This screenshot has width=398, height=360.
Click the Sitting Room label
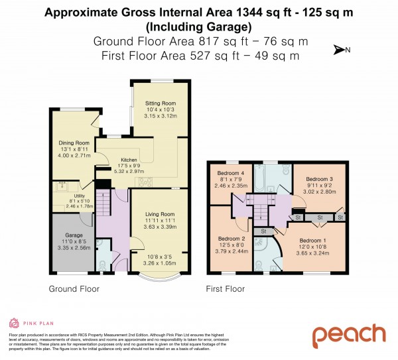(x=160, y=103)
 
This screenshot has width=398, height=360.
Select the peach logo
(x=349, y=334)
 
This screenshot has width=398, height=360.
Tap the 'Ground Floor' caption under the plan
(x=74, y=289)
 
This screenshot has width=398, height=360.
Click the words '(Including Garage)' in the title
(x=198, y=27)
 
